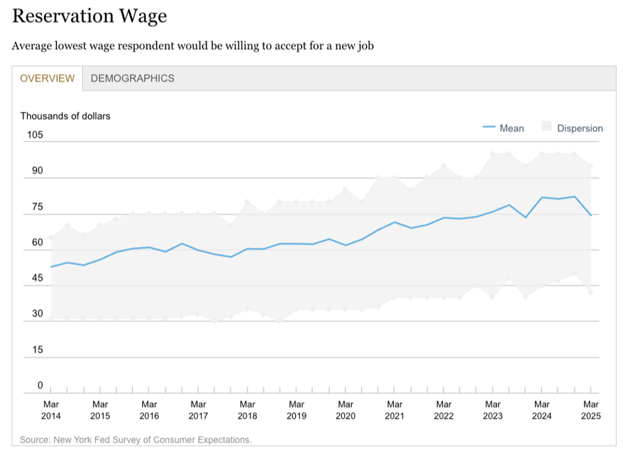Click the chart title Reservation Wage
89,16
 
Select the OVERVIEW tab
47,79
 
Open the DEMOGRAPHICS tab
133,79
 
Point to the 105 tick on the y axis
35,136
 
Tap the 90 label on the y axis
38,171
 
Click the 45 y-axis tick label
38,278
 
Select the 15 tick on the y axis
38,350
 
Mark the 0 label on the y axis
40,385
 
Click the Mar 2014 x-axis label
51,410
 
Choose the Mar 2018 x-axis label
247,410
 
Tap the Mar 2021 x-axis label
395,410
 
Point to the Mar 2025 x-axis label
591,410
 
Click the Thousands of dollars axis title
65,116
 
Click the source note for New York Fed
136,440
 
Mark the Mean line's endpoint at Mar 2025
591,215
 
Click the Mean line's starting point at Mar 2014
51,267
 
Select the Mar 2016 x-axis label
149,410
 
